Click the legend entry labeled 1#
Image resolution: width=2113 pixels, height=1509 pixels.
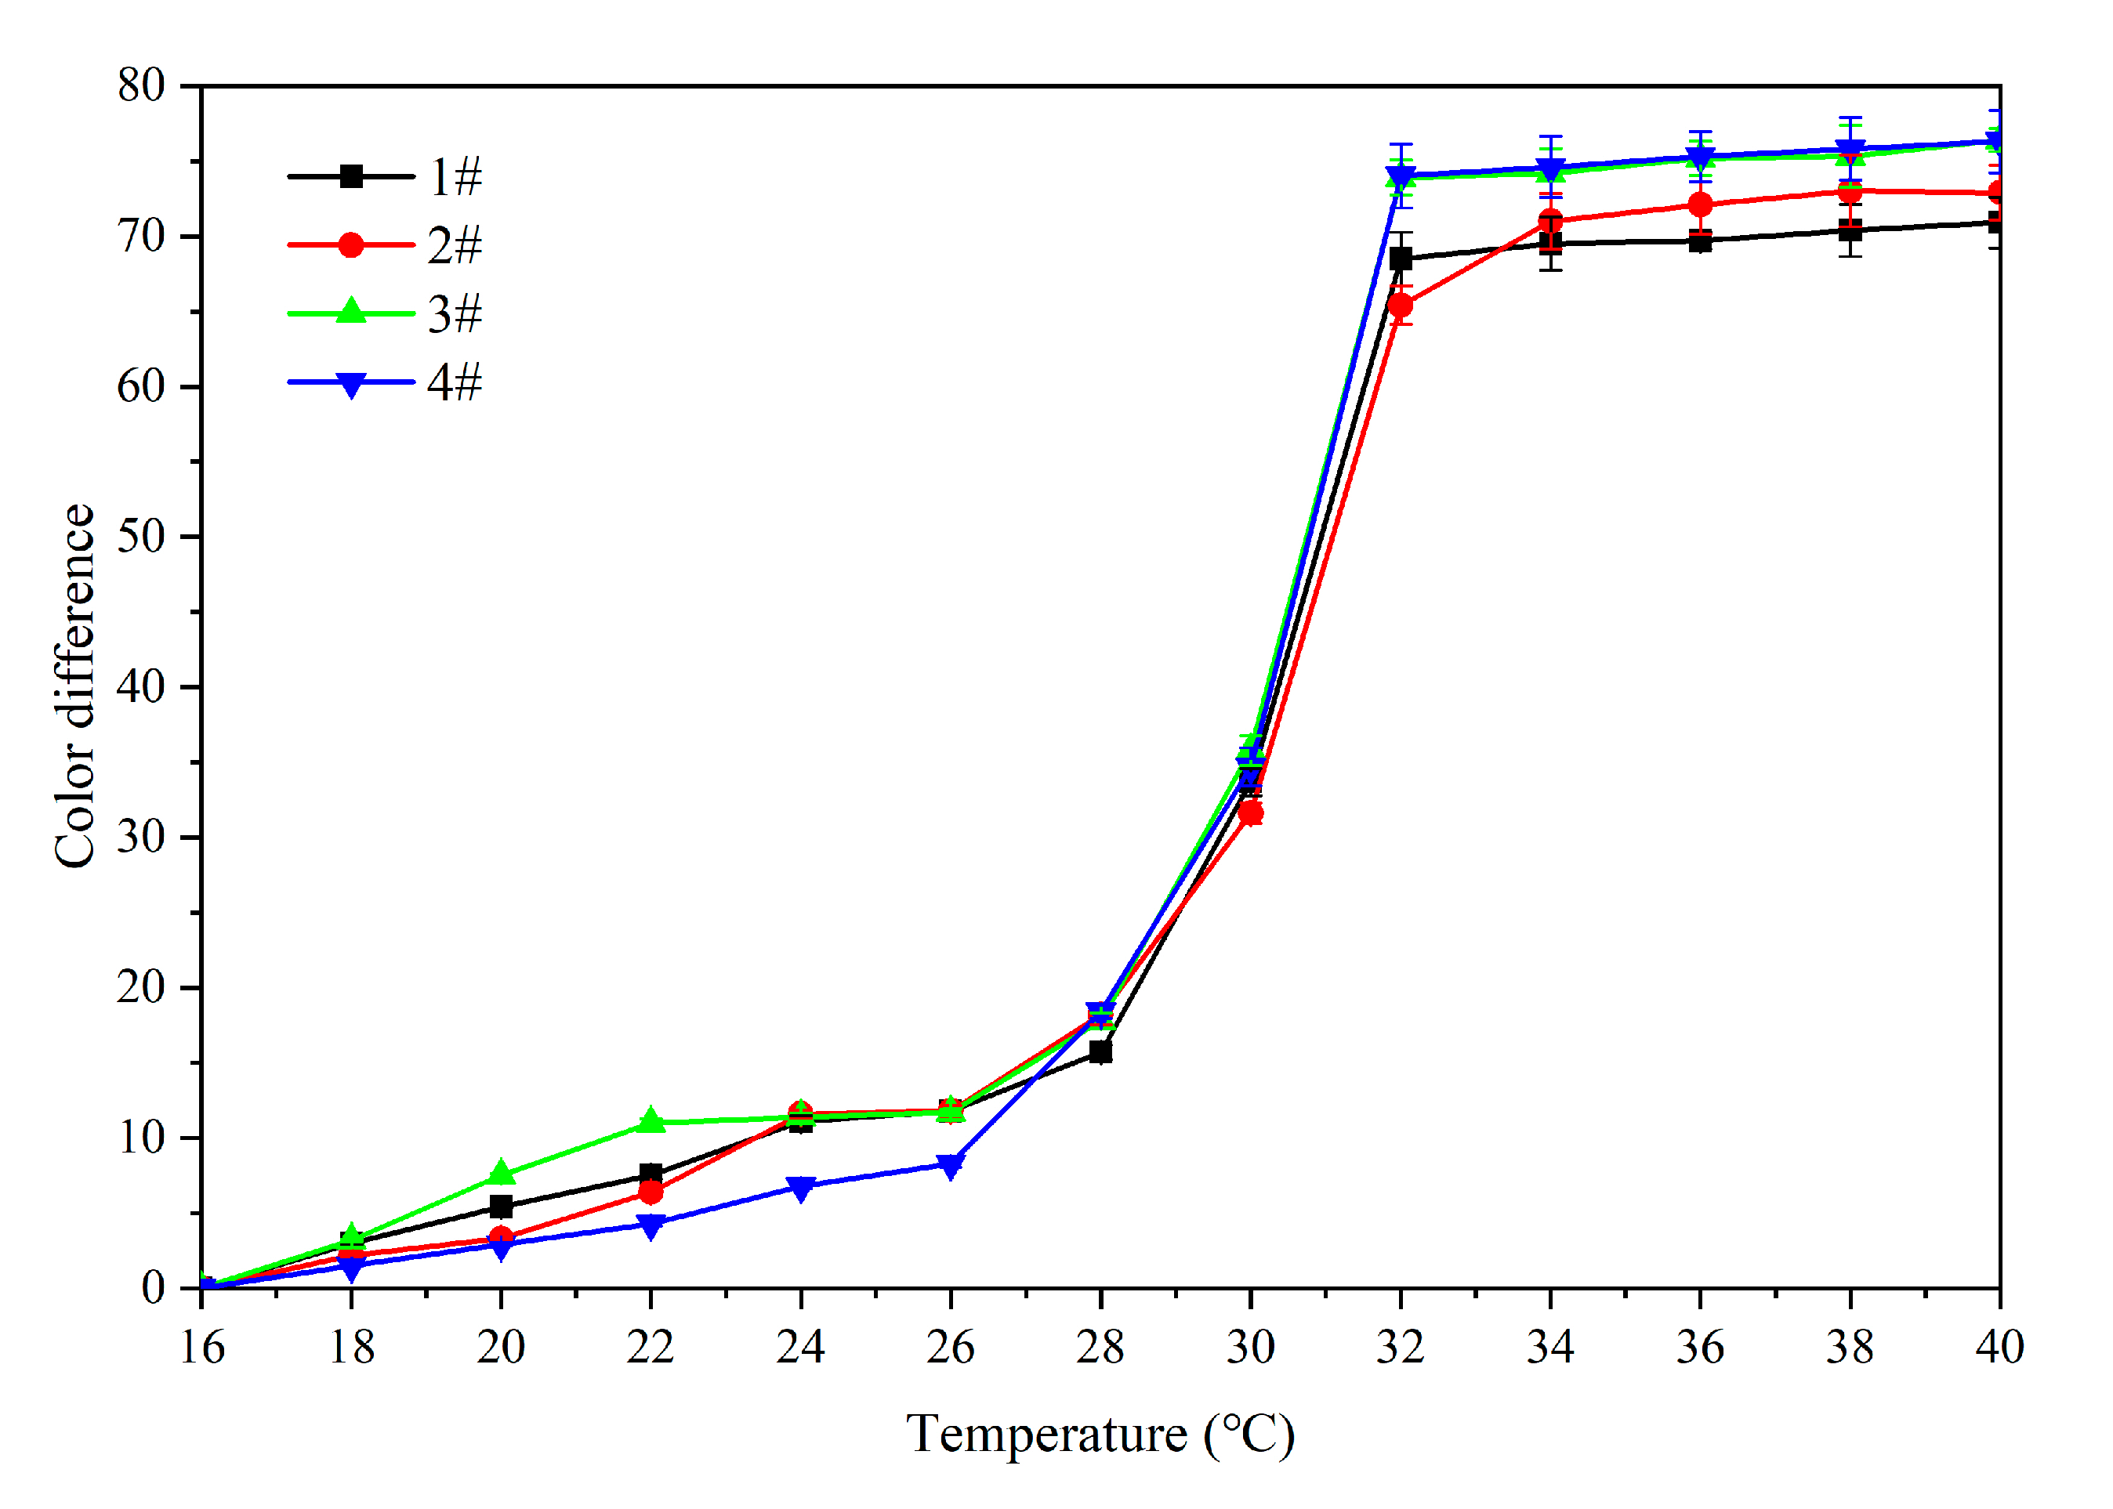(x=455, y=176)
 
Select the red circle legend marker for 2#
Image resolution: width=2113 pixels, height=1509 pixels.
(x=350, y=245)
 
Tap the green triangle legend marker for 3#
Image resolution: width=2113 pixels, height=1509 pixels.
(x=350, y=311)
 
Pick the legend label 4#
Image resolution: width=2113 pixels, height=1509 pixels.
(x=455, y=383)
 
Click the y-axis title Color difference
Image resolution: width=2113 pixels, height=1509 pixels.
(x=74, y=686)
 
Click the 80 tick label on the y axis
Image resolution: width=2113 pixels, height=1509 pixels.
(x=140, y=85)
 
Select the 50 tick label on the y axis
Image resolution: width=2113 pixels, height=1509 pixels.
(x=140, y=536)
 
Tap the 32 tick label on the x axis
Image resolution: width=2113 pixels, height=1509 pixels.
(x=1399, y=1346)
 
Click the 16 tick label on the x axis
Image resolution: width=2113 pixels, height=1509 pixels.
(x=201, y=1346)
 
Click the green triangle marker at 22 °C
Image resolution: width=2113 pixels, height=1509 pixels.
(x=651, y=1120)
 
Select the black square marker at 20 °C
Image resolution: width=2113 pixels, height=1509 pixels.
(x=500, y=1206)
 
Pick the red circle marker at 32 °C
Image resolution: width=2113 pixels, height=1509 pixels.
(x=1400, y=306)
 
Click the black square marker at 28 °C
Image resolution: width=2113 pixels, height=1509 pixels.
(x=1100, y=1052)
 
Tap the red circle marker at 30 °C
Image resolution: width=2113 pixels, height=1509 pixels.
(x=1250, y=814)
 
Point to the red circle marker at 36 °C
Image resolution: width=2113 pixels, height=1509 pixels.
(x=1699, y=204)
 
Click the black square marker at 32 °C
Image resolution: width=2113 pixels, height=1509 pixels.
(x=1400, y=259)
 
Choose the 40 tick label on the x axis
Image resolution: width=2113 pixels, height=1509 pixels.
(x=1999, y=1346)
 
